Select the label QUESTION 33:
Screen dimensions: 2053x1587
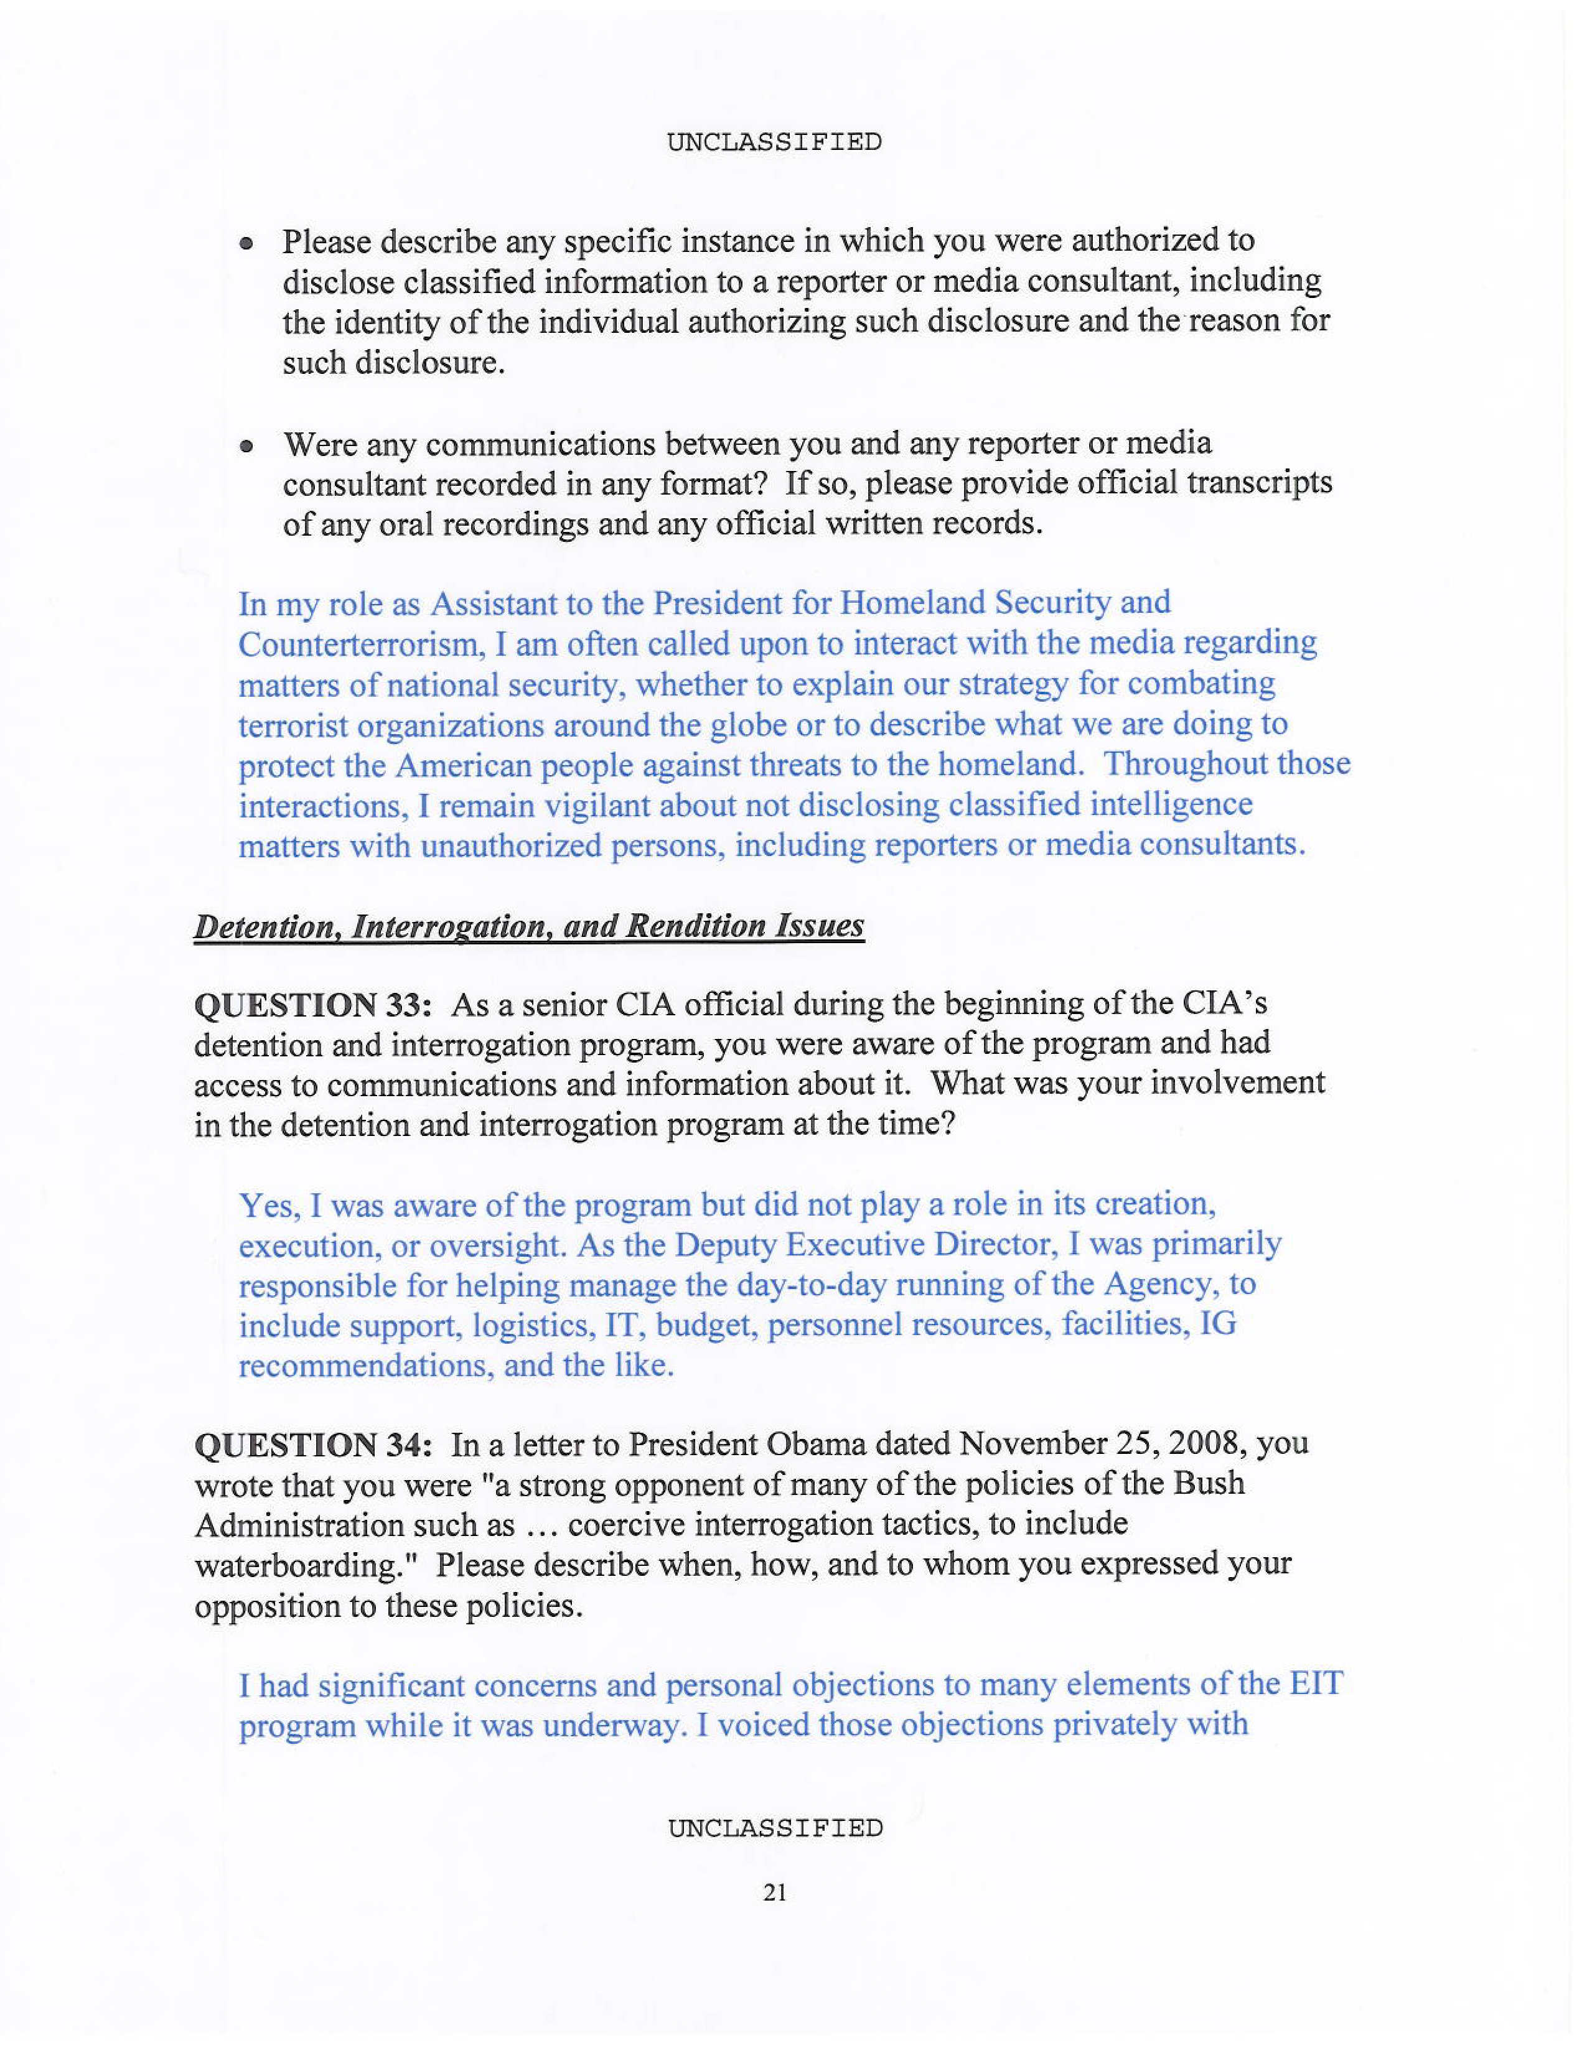point(312,1005)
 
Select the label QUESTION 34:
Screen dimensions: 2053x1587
point(312,1445)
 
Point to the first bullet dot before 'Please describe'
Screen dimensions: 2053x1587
point(246,243)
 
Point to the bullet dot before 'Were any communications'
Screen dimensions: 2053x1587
point(246,447)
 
